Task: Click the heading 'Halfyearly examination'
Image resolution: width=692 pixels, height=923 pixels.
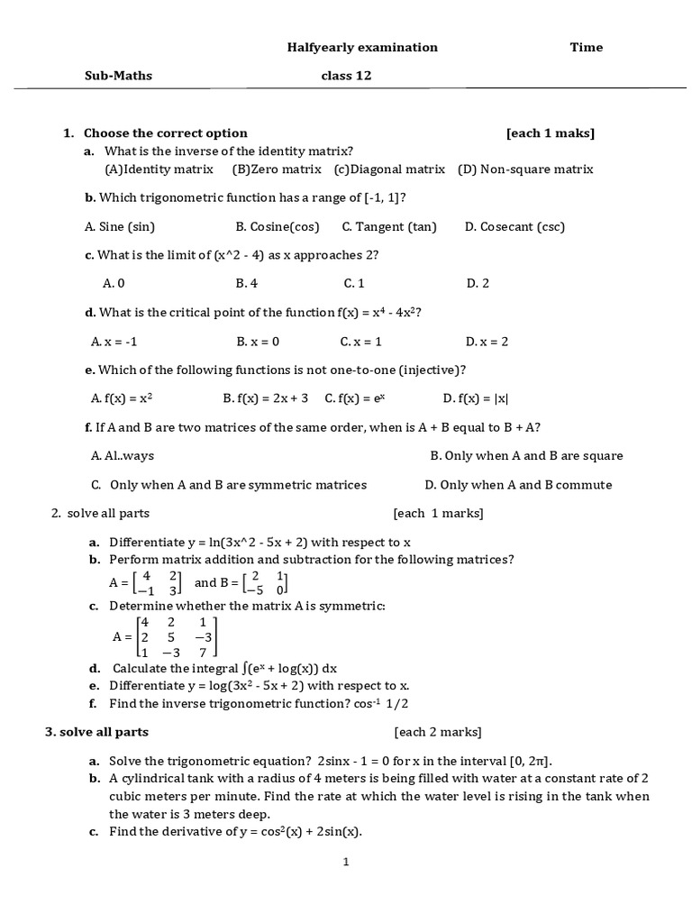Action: pyautogui.click(x=362, y=47)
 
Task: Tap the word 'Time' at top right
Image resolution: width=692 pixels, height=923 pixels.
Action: pyautogui.click(x=586, y=47)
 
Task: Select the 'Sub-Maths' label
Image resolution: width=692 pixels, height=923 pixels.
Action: pyautogui.click(x=118, y=76)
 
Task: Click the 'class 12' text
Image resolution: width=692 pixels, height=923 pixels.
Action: pyautogui.click(x=346, y=76)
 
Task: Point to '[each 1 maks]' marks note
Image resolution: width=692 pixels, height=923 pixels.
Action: pyautogui.click(x=550, y=133)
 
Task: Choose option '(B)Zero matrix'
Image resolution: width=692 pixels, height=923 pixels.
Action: pyautogui.click(x=277, y=169)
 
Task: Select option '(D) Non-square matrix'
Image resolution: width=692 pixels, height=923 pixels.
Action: pyautogui.click(x=525, y=169)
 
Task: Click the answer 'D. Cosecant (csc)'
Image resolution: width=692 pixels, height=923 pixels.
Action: pyautogui.click(x=514, y=226)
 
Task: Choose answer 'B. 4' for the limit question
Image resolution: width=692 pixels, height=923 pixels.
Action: pyautogui.click(x=247, y=283)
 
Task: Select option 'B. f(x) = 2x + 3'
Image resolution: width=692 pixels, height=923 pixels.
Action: pyautogui.click(x=266, y=398)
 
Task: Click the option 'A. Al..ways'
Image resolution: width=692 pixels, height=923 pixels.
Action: pyautogui.click(x=123, y=456)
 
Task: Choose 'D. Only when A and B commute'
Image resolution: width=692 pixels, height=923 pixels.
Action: pyautogui.click(x=518, y=485)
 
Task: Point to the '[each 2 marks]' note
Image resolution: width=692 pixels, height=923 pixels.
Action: pyautogui.click(x=437, y=732)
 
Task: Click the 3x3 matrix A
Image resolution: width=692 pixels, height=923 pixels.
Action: pyautogui.click(x=177, y=636)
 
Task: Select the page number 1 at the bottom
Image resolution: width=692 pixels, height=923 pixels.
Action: pyautogui.click(x=345, y=862)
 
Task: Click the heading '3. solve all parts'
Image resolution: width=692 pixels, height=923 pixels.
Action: pyautogui.click(x=96, y=732)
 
